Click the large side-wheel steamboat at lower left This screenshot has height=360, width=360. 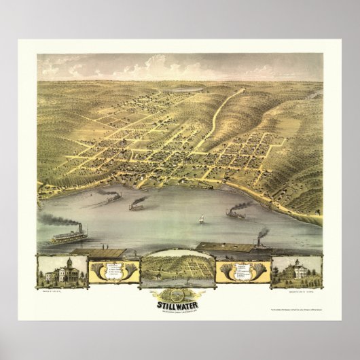point(70,237)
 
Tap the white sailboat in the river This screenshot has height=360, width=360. point(201,219)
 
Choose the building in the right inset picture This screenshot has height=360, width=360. point(296,271)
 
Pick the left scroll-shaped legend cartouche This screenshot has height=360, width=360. point(113,271)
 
